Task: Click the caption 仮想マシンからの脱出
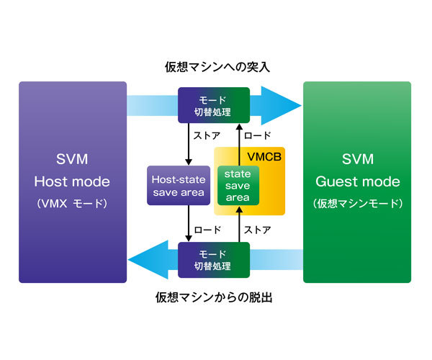click(217, 297)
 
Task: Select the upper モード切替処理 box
click(214, 104)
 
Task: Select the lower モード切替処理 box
click(214, 259)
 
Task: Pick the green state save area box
click(237, 186)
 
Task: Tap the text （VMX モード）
click(72, 204)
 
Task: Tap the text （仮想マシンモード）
click(357, 204)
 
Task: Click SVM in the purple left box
click(72, 158)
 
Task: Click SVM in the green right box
click(357, 158)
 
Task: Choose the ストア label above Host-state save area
click(205, 135)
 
